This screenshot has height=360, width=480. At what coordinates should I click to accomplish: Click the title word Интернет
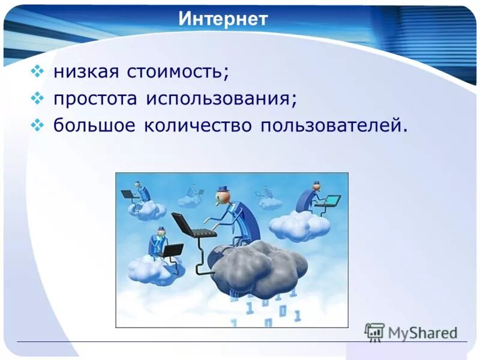[x=223, y=19]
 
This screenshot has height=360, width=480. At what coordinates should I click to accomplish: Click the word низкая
[x=86, y=71]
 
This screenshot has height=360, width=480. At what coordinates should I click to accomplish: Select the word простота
[x=95, y=98]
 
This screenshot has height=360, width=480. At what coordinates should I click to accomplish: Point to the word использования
[x=221, y=98]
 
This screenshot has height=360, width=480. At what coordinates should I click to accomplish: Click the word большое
[x=94, y=124]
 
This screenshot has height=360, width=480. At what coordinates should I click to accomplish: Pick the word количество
[x=198, y=125]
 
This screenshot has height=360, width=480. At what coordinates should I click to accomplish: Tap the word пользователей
[x=334, y=125]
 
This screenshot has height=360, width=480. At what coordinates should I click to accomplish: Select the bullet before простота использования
[x=37, y=98]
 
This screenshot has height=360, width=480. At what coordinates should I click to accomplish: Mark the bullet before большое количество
[x=37, y=125]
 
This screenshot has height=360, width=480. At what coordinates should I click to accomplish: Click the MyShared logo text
[x=422, y=333]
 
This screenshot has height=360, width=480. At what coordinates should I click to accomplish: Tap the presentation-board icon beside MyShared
[x=374, y=332]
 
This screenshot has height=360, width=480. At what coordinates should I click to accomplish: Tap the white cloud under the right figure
[x=299, y=226]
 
